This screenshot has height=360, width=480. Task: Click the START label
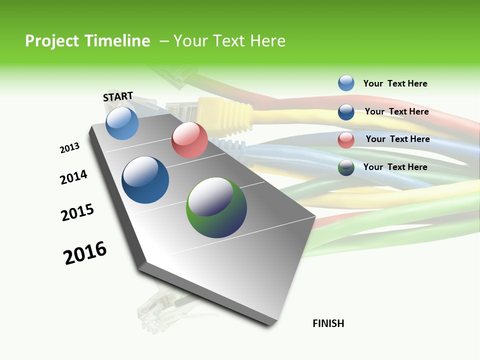pyautogui.click(x=118, y=96)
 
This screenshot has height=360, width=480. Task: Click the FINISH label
pyautogui.click(x=328, y=323)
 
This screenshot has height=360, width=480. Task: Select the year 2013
pyautogui.click(x=69, y=148)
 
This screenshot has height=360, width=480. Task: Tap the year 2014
pyautogui.click(x=73, y=177)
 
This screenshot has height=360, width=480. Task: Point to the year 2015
pyautogui.click(x=77, y=212)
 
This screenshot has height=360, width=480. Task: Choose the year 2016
pyautogui.click(x=85, y=252)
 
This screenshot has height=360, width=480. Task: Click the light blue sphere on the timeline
pyautogui.click(x=122, y=123)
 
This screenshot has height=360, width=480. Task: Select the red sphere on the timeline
pyautogui.click(x=189, y=140)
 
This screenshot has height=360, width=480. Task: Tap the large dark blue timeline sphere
pyautogui.click(x=145, y=180)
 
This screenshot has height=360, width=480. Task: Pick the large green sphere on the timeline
pyautogui.click(x=216, y=207)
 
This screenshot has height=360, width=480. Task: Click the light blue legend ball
pyautogui.click(x=346, y=83)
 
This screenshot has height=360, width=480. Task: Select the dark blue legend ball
pyautogui.click(x=346, y=112)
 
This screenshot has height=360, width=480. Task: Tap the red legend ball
pyautogui.click(x=346, y=140)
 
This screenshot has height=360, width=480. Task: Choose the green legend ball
pyautogui.click(x=346, y=167)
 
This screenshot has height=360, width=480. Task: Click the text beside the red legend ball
pyautogui.click(x=397, y=139)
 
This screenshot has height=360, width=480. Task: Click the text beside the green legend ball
pyautogui.click(x=395, y=167)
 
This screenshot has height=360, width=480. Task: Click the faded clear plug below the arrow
pyautogui.click(x=152, y=310)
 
